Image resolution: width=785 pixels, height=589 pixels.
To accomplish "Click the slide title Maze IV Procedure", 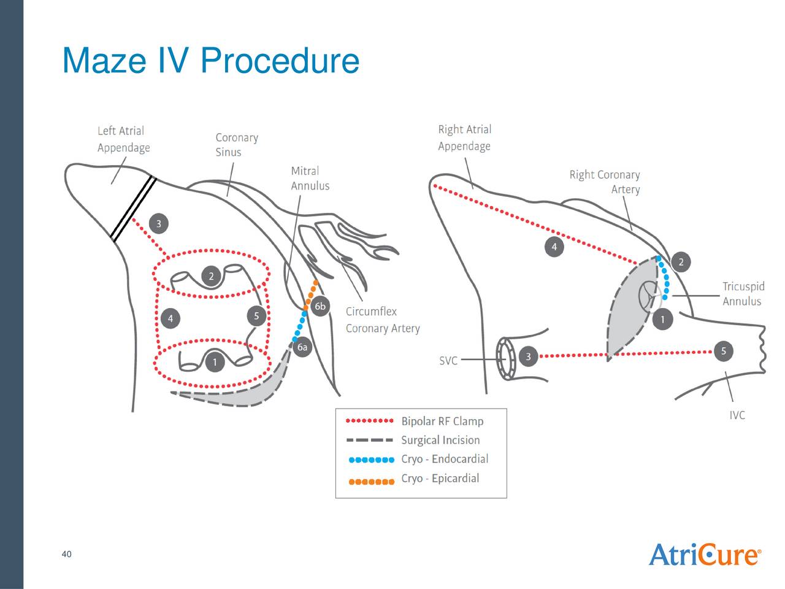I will click(210, 61).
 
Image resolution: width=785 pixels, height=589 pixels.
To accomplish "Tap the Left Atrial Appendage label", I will click(123, 139).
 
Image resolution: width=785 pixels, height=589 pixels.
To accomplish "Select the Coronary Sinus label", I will click(236, 145).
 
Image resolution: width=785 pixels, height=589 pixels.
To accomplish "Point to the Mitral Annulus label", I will click(310, 179).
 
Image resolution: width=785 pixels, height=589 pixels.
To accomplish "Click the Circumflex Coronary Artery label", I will click(382, 320).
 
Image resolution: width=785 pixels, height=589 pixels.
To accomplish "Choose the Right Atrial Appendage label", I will click(464, 138).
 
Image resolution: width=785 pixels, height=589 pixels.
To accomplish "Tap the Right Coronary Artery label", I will click(604, 182).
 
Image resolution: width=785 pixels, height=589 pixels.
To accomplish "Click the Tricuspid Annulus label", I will click(743, 294).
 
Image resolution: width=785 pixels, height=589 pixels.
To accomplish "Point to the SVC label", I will click(448, 361).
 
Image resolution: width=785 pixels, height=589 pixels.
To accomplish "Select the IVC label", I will click(737, 415).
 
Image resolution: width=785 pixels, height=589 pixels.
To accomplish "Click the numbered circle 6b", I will click(320, 307).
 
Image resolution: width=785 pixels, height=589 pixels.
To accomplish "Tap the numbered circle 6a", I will click(302, 347).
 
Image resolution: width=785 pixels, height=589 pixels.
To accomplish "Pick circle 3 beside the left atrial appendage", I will click(159, 224).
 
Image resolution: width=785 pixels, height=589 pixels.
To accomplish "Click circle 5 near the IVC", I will click(724, 351).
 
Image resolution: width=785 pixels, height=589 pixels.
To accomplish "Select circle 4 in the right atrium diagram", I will click(554, 247).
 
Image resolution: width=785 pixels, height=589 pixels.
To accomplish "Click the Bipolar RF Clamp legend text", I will click(442, 422).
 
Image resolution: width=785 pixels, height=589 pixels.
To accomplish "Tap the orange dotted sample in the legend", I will click(371, 481).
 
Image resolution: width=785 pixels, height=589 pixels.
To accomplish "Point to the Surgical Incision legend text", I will click(440, 440).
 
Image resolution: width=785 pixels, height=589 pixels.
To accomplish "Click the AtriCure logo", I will click(705, 555).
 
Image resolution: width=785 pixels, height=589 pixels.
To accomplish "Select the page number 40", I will click(66, 555).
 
